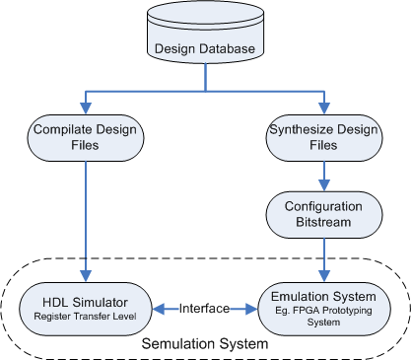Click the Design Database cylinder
pyautogui.click(x=205, y=32)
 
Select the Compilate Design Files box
pyautogui.click(x=86, y=138)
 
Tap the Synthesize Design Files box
pyautogui.click(x=324, y=138)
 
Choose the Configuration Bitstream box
pyautogui.click(x=324, y=215)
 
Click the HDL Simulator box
pyautogui.click(x=86, y=309)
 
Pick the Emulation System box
pyautogui.click(x=324, y=309)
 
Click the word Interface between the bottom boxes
pyautogui.click(x=204, y=309)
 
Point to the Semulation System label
pyautogui.click(x=205, y=344)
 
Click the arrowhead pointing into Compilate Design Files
pyautogui.click(x=86, y=108)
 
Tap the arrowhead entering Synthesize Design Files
pyautogui.click(x=324, y=108)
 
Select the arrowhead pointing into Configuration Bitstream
pyautogui.click(x=324, y=185)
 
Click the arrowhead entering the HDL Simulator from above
pyautogui.click(x=86, y=276)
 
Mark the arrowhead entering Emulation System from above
pyautogui.click(x=324, y=276)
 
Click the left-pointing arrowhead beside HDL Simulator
pyautogui.click(x=159, y=309)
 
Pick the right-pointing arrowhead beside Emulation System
pyautogui.click(x=251, y=309)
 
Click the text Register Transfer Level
pyautogui.click(x=85, y=317)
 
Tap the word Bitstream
pyautogui.click(x=323, y=222)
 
